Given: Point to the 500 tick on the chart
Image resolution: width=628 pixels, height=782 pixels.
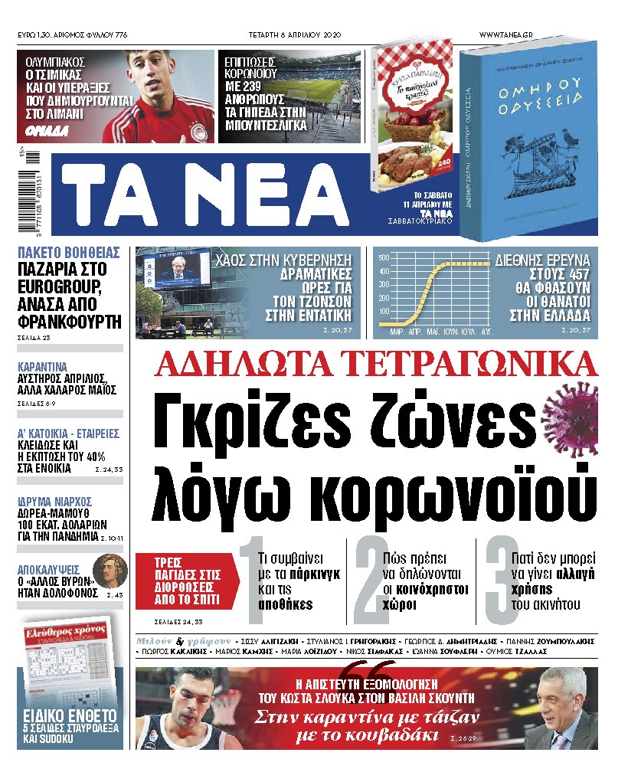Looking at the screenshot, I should pyautogui.click(x=384, y=258).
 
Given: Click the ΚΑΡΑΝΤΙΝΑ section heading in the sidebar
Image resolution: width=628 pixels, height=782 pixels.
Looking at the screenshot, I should pyautogui.click(x=43, y=366).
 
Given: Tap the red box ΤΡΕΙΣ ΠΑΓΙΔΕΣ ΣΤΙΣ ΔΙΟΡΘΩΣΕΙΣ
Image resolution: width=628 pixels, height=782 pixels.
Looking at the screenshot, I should pyautogui.click(x=185, y=580).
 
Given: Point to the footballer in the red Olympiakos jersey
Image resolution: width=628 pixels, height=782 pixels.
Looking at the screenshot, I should pyautogui.click(x=168, y=100).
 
